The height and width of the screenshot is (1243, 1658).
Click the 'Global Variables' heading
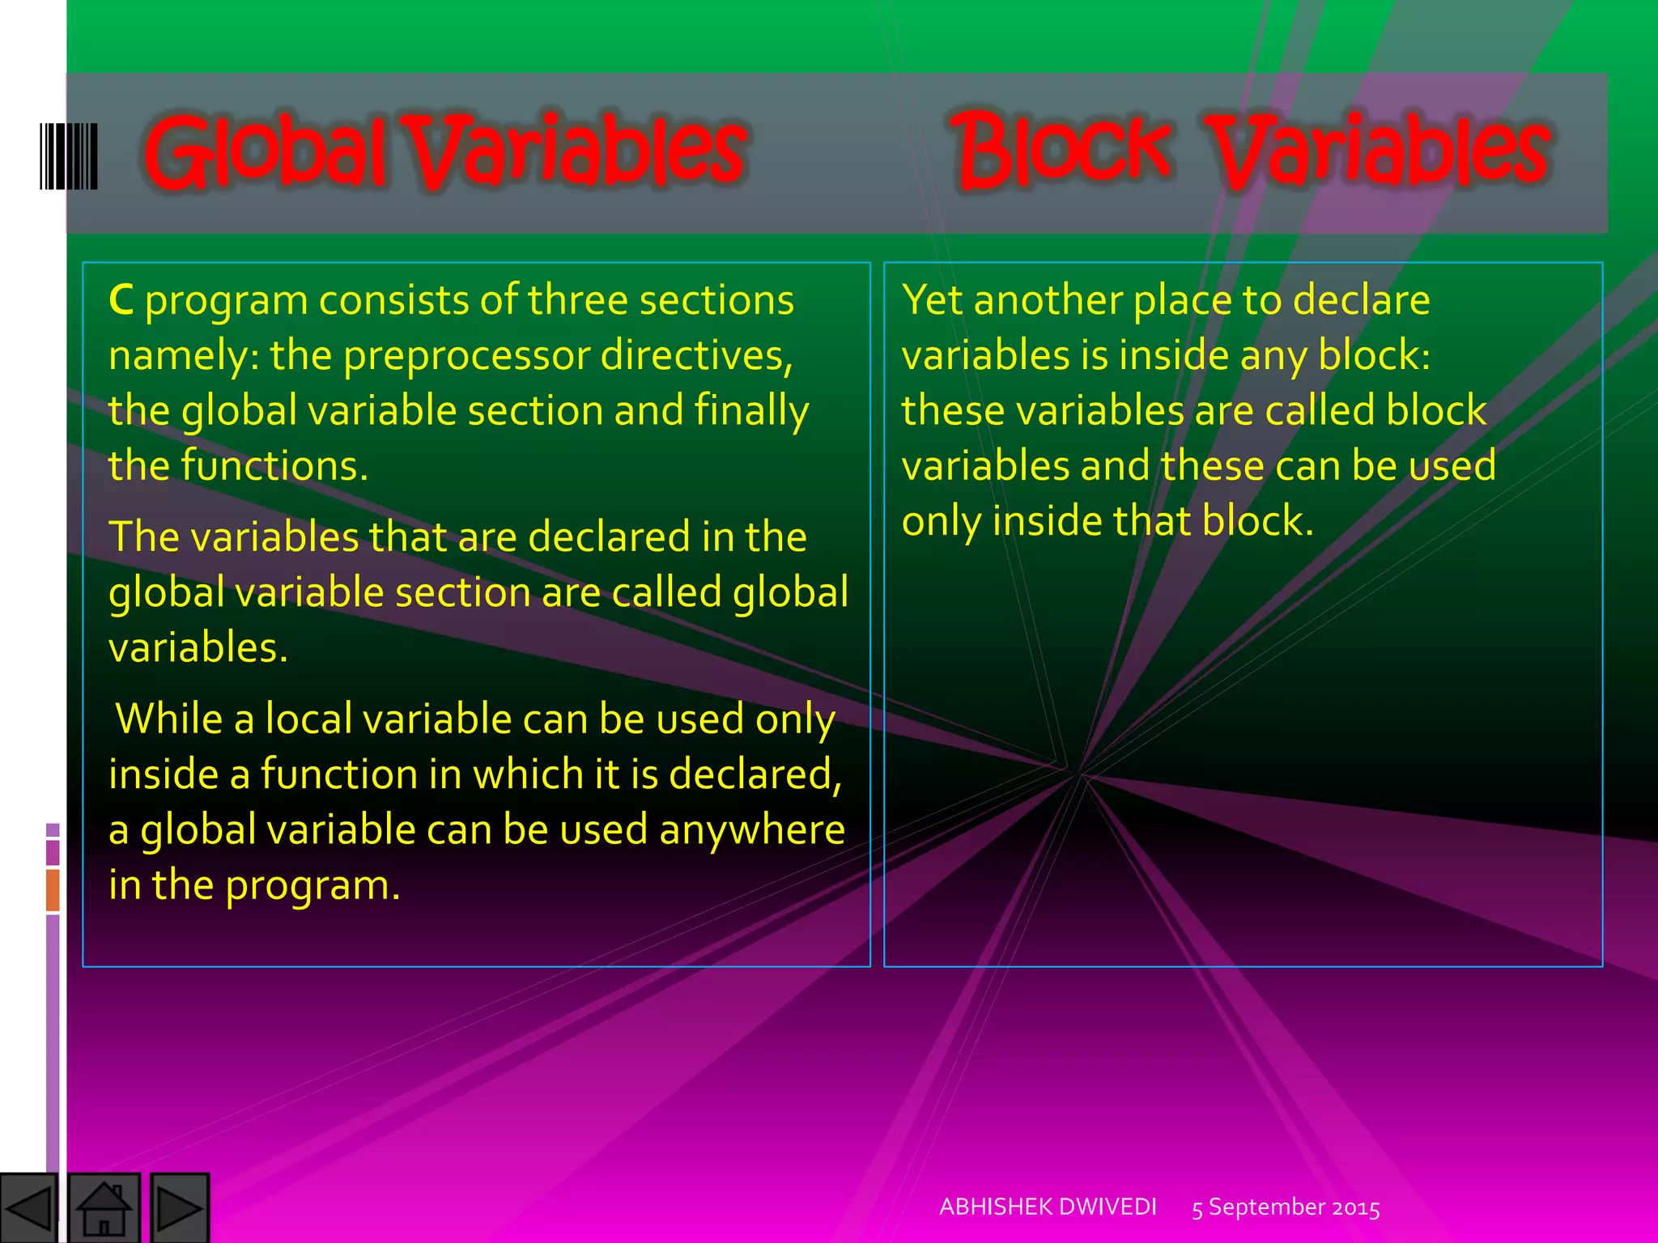click(x=445, y=152)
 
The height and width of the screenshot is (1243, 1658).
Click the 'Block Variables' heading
click(x=1251, y=152)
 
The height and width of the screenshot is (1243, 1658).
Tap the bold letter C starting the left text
click(x=121, y=300)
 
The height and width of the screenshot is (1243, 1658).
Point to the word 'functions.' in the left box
click(x=274, y=466)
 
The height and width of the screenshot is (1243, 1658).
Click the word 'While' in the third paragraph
click(x=168, y=719)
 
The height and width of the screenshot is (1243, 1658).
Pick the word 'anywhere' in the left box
click(x=752, y=830)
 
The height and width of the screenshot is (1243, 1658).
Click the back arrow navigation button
click(x=28, y=1208)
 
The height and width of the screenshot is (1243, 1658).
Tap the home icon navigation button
click(x=104, y=1208)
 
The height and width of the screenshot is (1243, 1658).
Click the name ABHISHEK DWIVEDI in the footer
click(x=1048, y=1207)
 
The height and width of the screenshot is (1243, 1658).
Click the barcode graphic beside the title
click(x=69, y=156)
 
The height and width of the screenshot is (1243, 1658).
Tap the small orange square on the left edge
click(x=53, y=889)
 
